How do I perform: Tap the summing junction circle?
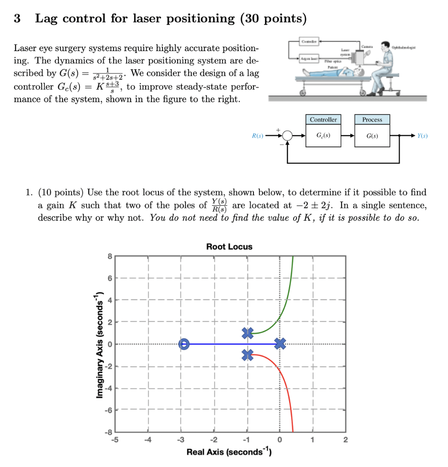[x=287, y=135]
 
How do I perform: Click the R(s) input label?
[x=258, y=135]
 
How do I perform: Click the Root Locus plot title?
[x=229, y=247]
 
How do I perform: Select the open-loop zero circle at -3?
[x=184, y=344]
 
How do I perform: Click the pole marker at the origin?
[x=280, y=344]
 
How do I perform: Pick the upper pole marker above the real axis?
[x=248, y=333]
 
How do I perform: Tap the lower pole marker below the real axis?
[x=248, y=354]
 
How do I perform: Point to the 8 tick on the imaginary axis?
[x=110, y=256]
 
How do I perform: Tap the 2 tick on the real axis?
[x=345, y=440]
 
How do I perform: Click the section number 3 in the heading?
[x=17, y=19]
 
